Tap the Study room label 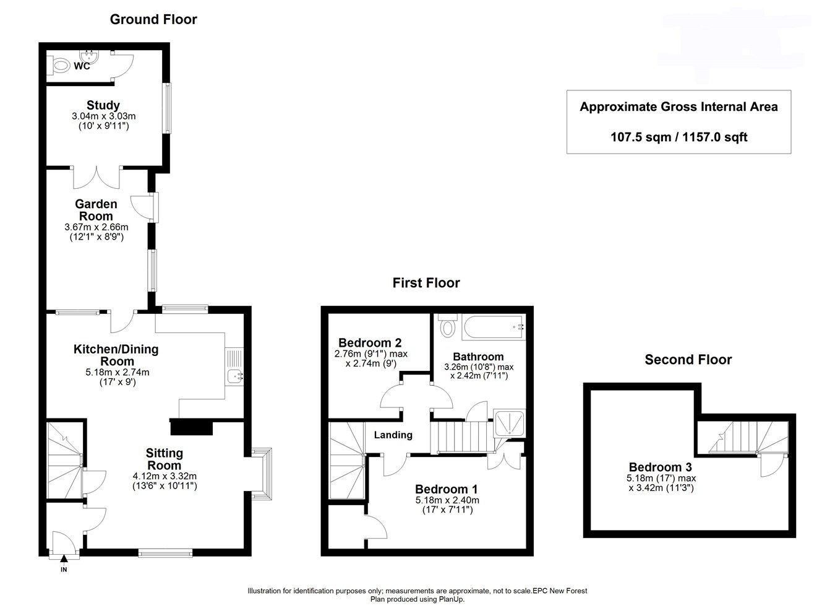pos(103,105)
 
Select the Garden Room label pos(96,210)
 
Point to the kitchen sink pos(236,375)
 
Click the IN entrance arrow pos(64,560)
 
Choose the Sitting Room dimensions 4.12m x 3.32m pos(165,476)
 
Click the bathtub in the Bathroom pos(492,327)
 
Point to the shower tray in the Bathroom pos(508,423)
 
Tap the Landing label pos(393,435)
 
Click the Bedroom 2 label pos(370,342)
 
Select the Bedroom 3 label pos(660,467)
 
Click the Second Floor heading pos(688,360)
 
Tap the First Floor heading pos(426,283)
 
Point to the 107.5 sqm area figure pos(640,137)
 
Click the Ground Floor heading pos(153,19)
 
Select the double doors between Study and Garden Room pos(96,177)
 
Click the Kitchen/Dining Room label pos(116,355)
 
